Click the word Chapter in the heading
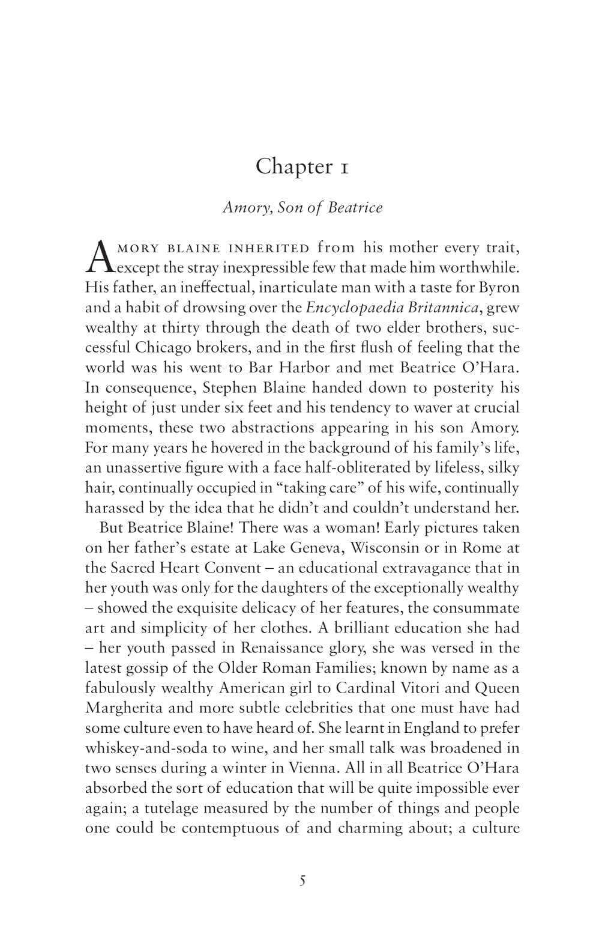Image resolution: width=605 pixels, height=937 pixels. pos(287,166)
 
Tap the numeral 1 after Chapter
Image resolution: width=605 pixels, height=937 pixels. pos(344,168)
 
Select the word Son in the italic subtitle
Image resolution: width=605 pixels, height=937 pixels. pos(289,207)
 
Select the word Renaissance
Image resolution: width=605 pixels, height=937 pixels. pos(280,647)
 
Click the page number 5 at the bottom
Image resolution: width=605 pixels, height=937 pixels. pos(302,881)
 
